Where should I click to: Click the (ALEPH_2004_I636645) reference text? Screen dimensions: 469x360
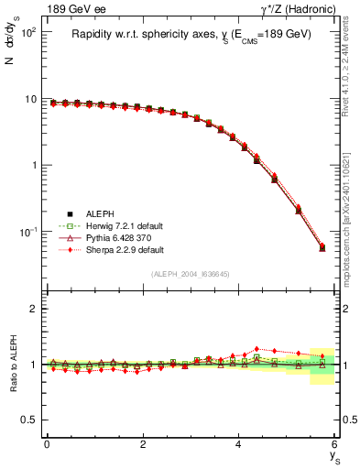click(x=191, y=274)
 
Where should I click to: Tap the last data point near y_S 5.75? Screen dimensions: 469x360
click(x=322, y=247)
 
